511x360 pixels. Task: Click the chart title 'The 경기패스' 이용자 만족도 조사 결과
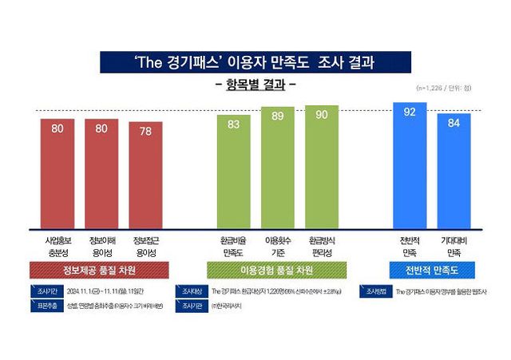255,62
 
